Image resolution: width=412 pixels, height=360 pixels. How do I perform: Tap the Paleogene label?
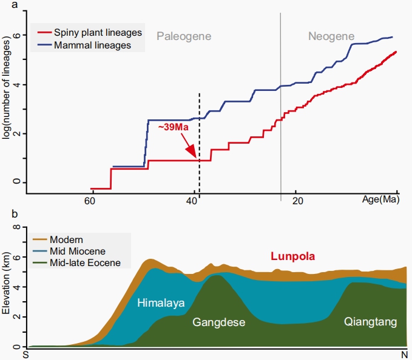pyautogui.click(x=184, y=36)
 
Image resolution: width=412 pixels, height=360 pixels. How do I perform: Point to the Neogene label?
pyautogui.click(x=331, y=36)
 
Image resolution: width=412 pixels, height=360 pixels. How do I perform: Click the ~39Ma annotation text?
pyautogui.click(x=174, y=128)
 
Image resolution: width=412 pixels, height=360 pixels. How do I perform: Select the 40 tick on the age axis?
pyautogui.click(x=194, y=201)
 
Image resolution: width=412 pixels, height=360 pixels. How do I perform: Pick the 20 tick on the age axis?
pyautogui.click(x=297, y=201)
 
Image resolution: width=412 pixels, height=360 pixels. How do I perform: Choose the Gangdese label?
pyautogui.click(x=218, y=322)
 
